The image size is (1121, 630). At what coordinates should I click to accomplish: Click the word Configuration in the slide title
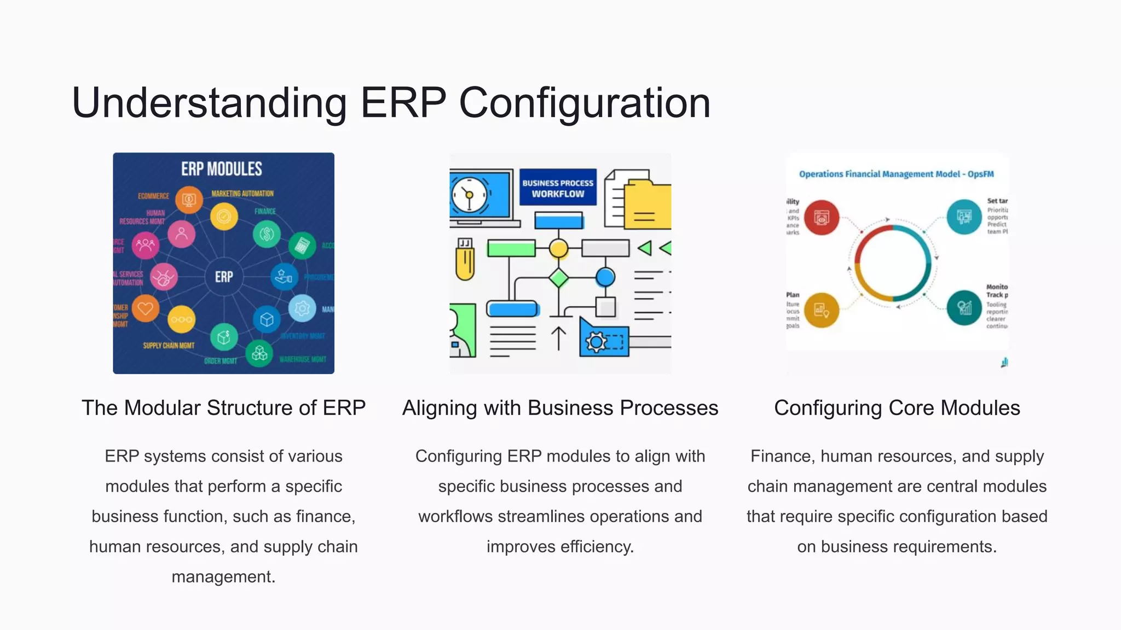585,103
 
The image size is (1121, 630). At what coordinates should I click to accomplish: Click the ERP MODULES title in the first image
222,169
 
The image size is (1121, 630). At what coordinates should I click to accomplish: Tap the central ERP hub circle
224,277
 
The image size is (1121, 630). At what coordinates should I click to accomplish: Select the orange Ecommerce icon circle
189,200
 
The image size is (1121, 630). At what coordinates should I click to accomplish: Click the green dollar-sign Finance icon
267,234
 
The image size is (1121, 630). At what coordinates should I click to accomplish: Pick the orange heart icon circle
146,308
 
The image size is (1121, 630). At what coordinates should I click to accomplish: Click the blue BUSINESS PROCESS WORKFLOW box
558,188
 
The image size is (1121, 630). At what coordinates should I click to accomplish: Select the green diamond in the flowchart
558,278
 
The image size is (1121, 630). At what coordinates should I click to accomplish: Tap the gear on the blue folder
596,342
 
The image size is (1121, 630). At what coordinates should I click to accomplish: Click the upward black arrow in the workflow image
558,338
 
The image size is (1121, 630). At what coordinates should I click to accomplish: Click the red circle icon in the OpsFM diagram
821,218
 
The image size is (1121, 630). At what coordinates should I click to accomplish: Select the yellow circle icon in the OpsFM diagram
821,310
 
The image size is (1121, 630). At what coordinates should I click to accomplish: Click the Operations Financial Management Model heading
896,174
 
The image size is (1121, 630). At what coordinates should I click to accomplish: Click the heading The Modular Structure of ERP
223,408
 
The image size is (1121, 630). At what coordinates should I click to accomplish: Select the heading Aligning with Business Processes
560,408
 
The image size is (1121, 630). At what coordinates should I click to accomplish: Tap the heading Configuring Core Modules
897,408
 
